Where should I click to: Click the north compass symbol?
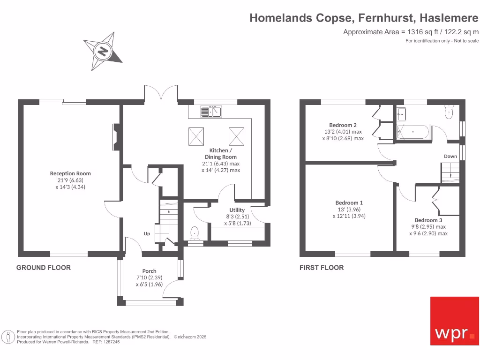(103, 51)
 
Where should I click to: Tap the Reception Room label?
(70, 173)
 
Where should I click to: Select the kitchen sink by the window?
(211, 112)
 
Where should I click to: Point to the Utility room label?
(237, 210)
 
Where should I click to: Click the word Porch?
(149, 271)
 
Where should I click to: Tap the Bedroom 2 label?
(343, 125)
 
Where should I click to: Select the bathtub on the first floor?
(413, 132)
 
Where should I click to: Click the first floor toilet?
(449, 112)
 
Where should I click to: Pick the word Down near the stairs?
(450, 156)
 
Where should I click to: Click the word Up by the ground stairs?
(147, 233)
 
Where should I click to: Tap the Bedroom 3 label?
(428, 220)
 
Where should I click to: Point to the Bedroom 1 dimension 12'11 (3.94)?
(349, 216)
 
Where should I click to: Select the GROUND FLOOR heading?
(44, 268)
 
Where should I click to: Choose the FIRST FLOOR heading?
(322, 268)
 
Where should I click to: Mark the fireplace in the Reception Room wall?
(115, 135)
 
